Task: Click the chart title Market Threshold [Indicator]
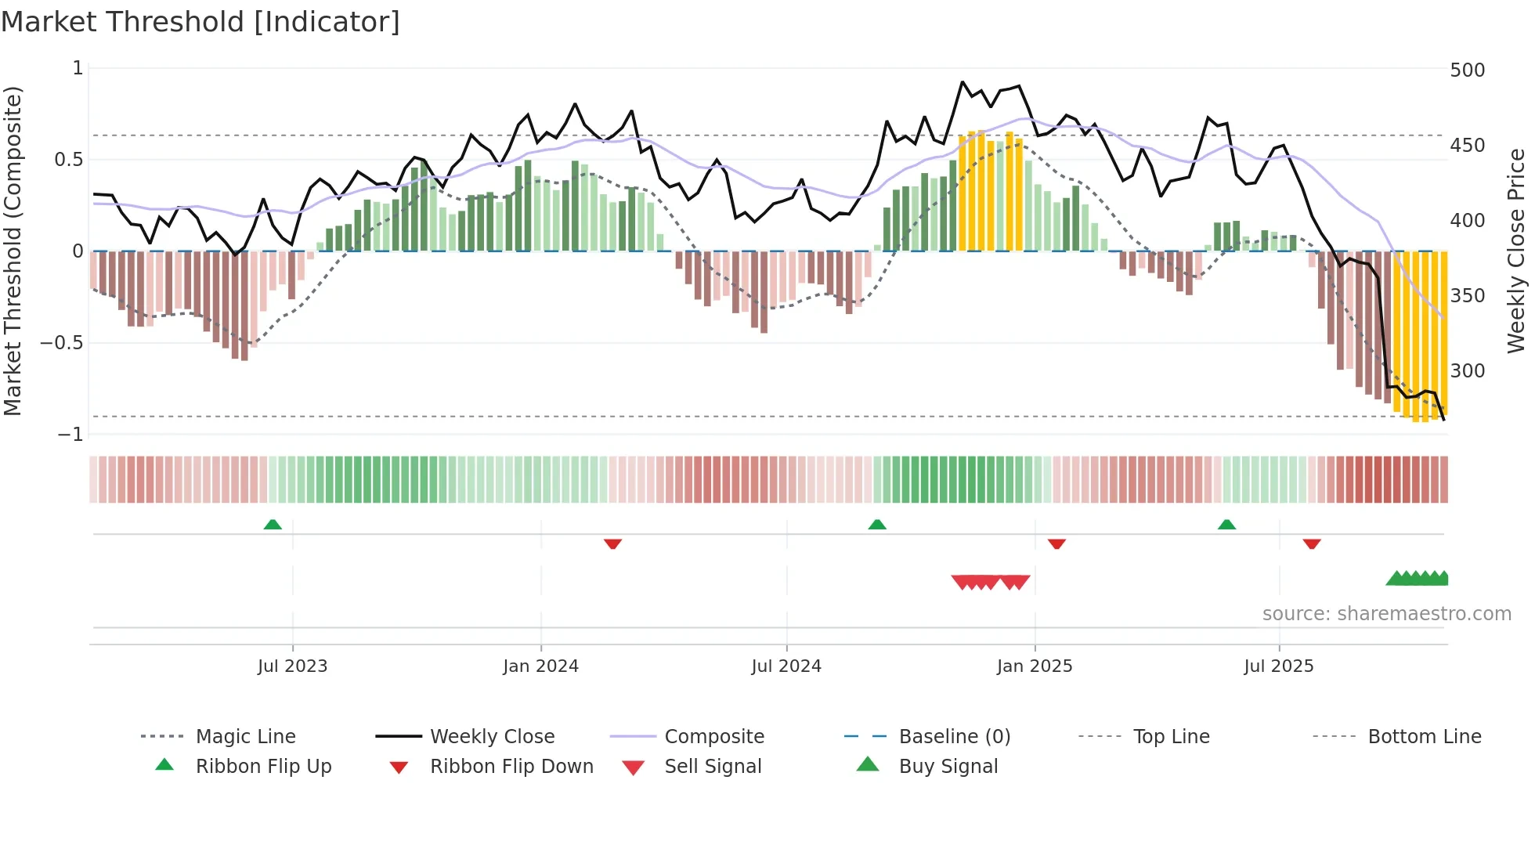coord(200,22)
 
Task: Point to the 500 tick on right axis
coord(1467,70)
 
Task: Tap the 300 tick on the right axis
coord(1467,370)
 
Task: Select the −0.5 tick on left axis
coord(61,343)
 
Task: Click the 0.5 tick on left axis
coord(68,160)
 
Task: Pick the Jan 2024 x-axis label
coord(540,666)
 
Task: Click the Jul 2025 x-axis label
coord(1278,666)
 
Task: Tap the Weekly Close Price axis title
coord(1516,251)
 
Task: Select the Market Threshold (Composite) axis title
coord(13,251)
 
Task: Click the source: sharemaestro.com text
coord(1386,614)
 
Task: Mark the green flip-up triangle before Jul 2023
coord(273,525)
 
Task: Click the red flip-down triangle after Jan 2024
coord(612,543)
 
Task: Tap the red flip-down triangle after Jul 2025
coord(1312,543)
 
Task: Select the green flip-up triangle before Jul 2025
coord(1226,525)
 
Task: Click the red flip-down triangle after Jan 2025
coord(1056,543)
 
